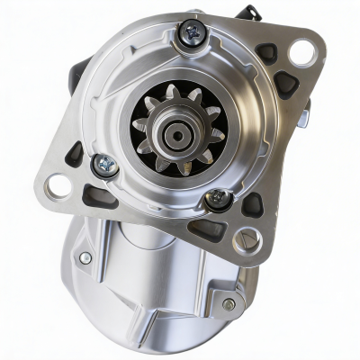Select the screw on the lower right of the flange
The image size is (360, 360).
point(216,198)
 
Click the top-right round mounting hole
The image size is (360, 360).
point(301,51)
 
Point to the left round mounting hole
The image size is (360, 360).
point(58,187)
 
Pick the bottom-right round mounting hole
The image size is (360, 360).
point(245,240)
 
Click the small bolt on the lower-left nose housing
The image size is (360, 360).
point(85,257)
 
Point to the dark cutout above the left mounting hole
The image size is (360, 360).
point(75,153)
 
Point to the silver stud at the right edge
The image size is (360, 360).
point(307,112)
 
